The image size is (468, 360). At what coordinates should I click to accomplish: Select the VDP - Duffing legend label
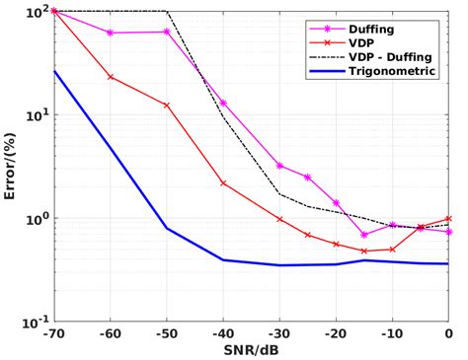point(390,57)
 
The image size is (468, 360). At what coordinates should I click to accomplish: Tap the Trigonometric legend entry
point(391,72)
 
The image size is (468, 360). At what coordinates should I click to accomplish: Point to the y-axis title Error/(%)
point(11,166)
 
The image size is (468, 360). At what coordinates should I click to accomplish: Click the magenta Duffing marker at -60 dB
point(110,33)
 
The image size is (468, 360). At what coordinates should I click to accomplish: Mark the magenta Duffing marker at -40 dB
point(223,103)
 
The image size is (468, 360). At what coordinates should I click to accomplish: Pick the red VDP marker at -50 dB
point(167,105)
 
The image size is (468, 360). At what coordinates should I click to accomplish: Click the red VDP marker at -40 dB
point(223,182)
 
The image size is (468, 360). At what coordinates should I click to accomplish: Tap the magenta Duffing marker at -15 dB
point(364,235)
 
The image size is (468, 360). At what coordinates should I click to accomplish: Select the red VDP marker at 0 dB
point(448,218)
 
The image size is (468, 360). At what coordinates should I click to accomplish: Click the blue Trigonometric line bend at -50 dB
point(167,229)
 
